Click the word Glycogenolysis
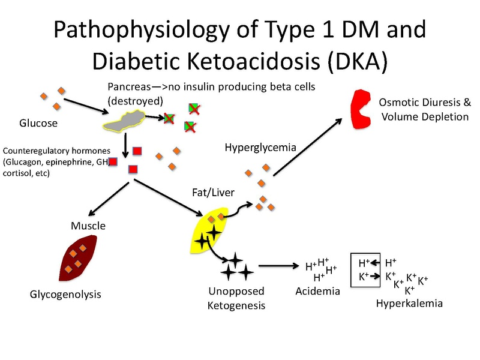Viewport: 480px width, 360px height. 65,295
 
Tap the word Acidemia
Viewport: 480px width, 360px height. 317,292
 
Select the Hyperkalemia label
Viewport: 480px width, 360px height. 409,304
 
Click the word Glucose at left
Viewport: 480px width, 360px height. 38,124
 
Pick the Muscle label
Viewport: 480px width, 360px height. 88,226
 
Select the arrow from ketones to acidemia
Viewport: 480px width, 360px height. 280,265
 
